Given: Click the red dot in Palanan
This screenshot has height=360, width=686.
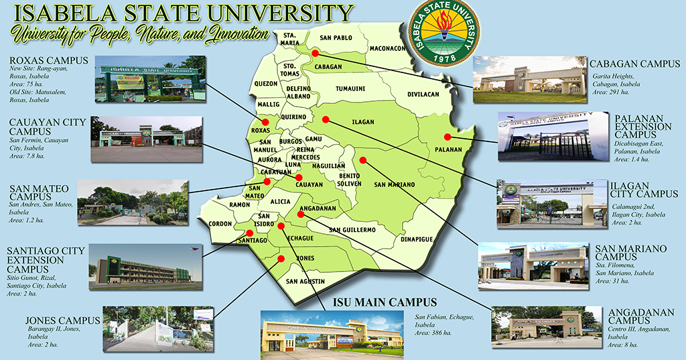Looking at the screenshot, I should coord(448,137).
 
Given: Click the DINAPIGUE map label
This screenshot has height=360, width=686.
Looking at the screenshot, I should coord(417,239).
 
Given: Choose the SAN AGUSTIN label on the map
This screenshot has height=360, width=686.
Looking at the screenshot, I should coord(305,282).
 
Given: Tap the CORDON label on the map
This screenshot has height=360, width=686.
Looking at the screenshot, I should coord(220,224).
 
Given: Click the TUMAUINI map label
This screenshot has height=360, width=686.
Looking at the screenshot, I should coord(350,88).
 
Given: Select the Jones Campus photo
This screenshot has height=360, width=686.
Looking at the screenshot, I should coord(157,328).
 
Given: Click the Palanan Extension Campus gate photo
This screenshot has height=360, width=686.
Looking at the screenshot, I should coord(544,137).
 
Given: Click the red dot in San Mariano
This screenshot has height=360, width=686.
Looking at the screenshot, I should coord(363,160).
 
